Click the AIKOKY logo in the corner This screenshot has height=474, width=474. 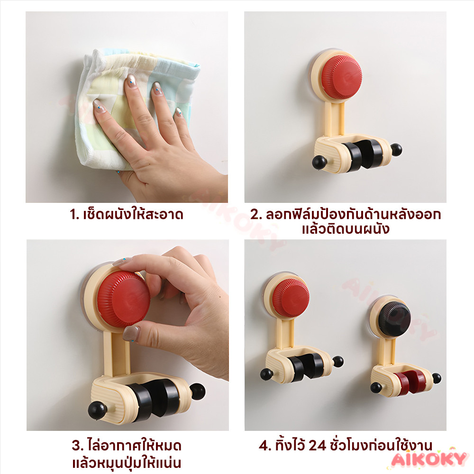428,459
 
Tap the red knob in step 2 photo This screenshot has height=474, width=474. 341,75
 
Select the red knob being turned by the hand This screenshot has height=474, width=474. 123,299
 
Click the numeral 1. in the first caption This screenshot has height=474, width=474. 74,215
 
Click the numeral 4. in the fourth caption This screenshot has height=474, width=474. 265,445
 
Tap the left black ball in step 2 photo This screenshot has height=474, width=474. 319,162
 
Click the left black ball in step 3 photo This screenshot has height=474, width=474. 97,410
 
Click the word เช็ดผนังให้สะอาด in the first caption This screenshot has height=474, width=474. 133,215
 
